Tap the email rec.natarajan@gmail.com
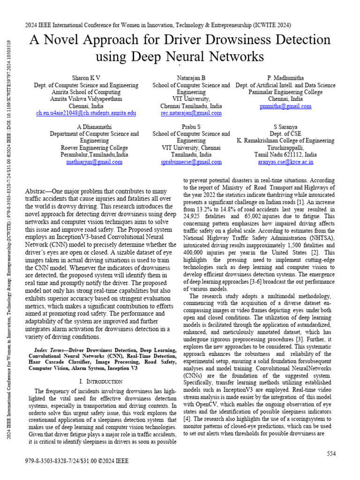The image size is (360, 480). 191,113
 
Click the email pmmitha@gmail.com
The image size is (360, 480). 285,106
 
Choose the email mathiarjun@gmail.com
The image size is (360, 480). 94,162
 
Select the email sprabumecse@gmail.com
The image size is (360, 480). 191,162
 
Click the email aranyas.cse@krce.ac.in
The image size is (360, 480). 285,162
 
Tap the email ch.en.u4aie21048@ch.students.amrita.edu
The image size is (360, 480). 86,113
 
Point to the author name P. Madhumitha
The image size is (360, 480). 285,77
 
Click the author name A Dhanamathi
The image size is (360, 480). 94,127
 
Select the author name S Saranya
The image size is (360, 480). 285,127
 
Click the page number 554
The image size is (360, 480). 332,453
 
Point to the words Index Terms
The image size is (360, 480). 51,350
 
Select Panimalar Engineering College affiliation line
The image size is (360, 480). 285,92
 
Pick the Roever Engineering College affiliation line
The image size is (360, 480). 94,148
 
